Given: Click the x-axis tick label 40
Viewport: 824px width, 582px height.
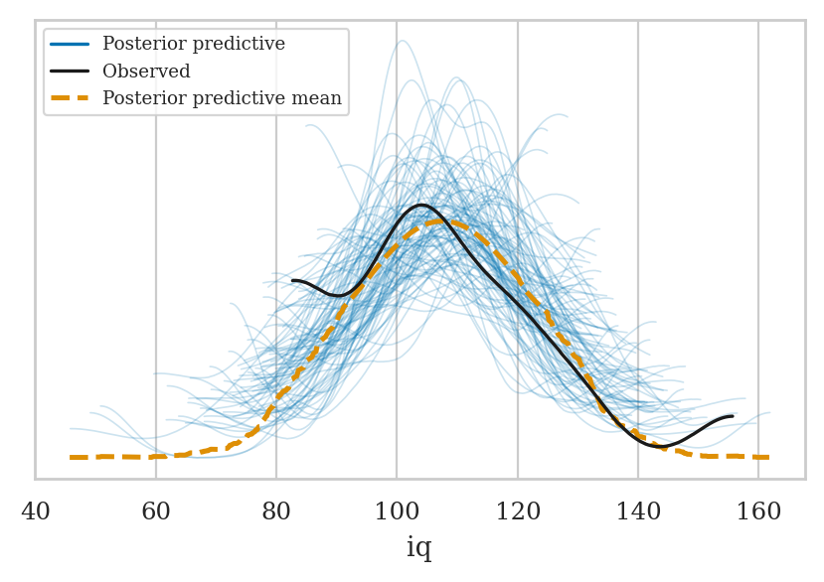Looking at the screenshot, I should click(x=36, y=511).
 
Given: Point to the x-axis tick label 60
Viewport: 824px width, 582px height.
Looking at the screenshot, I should click(x=156, y=511).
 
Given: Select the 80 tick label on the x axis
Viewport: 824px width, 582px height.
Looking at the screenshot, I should click(x=276, y=511).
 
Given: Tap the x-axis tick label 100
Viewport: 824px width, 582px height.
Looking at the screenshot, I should click(x=397, y=511).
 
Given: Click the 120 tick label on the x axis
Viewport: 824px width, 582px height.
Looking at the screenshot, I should click(x=517, y=511).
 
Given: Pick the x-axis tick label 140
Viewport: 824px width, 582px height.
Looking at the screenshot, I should click(x=638, y=511).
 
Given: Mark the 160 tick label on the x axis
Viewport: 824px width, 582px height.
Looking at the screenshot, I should click(x=758, y=511).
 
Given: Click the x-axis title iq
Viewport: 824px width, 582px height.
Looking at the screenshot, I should click(x=419, y=548).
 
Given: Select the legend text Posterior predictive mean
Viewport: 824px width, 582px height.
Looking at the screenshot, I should click(x=222, y=98).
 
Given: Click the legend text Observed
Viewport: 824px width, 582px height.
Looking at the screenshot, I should click(x=146, y=72).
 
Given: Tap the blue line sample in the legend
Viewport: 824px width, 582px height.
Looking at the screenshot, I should click(x=70, y=45).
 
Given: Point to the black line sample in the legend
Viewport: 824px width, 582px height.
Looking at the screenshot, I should click(x=70, y=72).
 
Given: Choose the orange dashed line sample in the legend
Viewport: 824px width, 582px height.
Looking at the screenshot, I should click(x=70, y=98).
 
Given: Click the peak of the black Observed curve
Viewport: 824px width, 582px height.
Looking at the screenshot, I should click(x=422, y=206).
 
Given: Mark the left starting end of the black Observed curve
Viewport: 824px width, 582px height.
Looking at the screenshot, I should click(x=293, y=281).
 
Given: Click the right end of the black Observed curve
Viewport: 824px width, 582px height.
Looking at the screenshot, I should click(x=733, y=417).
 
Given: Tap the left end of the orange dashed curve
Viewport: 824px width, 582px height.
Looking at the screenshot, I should click(x=71, y=457).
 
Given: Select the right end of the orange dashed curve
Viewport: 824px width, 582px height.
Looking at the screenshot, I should click(x=768, y=457).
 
